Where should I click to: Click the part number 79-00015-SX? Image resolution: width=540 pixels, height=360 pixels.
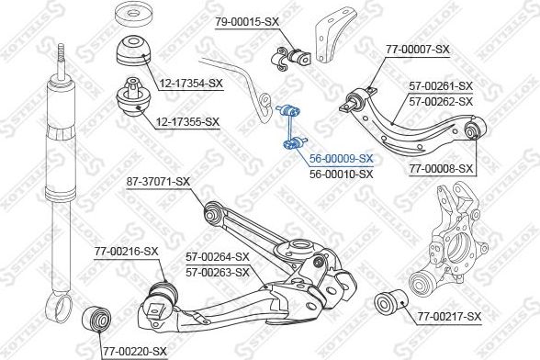tap(247, 22)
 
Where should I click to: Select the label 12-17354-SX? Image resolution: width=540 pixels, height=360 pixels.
tap(191, 83)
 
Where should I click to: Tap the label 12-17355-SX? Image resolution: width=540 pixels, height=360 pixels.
tap(187, 121)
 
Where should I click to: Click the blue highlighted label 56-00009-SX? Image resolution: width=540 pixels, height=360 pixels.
tap(341, 159)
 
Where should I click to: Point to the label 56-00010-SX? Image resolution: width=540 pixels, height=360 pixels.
tap(341, 174)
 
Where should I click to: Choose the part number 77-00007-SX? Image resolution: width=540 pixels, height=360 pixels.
tap(417, 50)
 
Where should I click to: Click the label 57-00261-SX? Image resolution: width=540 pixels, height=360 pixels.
tap(441, 85)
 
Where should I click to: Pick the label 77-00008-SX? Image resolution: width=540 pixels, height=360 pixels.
tap(441, 169)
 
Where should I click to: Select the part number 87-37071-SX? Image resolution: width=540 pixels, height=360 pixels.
tap(158, 181)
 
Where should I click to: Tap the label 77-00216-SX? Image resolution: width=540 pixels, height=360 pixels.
tap(126, 252)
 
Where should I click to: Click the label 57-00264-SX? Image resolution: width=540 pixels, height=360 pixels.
tap(218, 256)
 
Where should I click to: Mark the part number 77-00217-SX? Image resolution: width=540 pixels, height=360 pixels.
tap(449, 316)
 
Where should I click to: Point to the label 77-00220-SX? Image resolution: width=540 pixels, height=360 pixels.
tap(134, 352)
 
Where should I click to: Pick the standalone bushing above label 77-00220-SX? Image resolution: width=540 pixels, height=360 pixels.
tap(96, 319)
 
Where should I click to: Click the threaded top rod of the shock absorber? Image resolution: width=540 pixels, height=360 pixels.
tap(61, 61)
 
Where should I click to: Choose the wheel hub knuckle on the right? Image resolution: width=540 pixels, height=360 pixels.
tap(449, 244)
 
